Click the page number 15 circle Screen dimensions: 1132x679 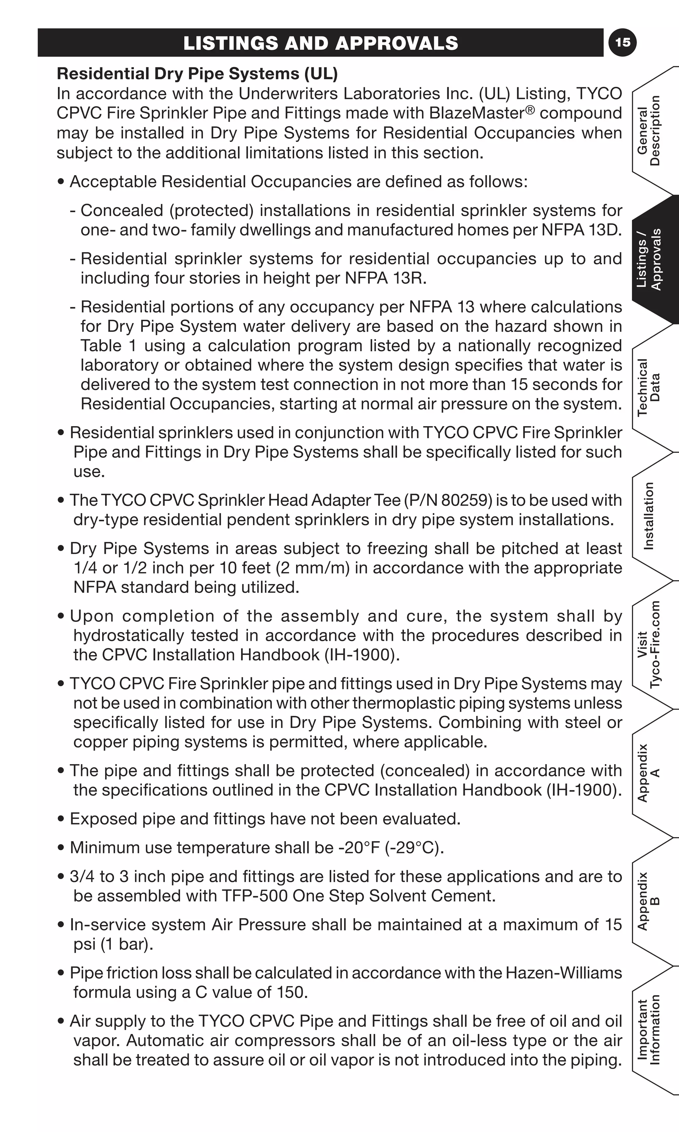pyautogui.click(x=623, y=42)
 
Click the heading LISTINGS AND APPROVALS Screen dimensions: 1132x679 pyautogui.click(x=320, y=43)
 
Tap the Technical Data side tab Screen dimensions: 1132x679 pyautogui.click(x=649, y=387)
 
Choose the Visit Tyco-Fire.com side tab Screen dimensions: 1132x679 pyautogui.click(x=649, y=644)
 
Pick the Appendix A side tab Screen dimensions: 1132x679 pyautogui.click(x=649, y=773)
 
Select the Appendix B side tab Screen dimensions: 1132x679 pyautogui.click(x=649, y=901)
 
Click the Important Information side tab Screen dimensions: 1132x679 pyautogui.click(x=649, y=1030)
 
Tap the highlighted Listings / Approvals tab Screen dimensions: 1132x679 pyautogui.click(x=649, y=259)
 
